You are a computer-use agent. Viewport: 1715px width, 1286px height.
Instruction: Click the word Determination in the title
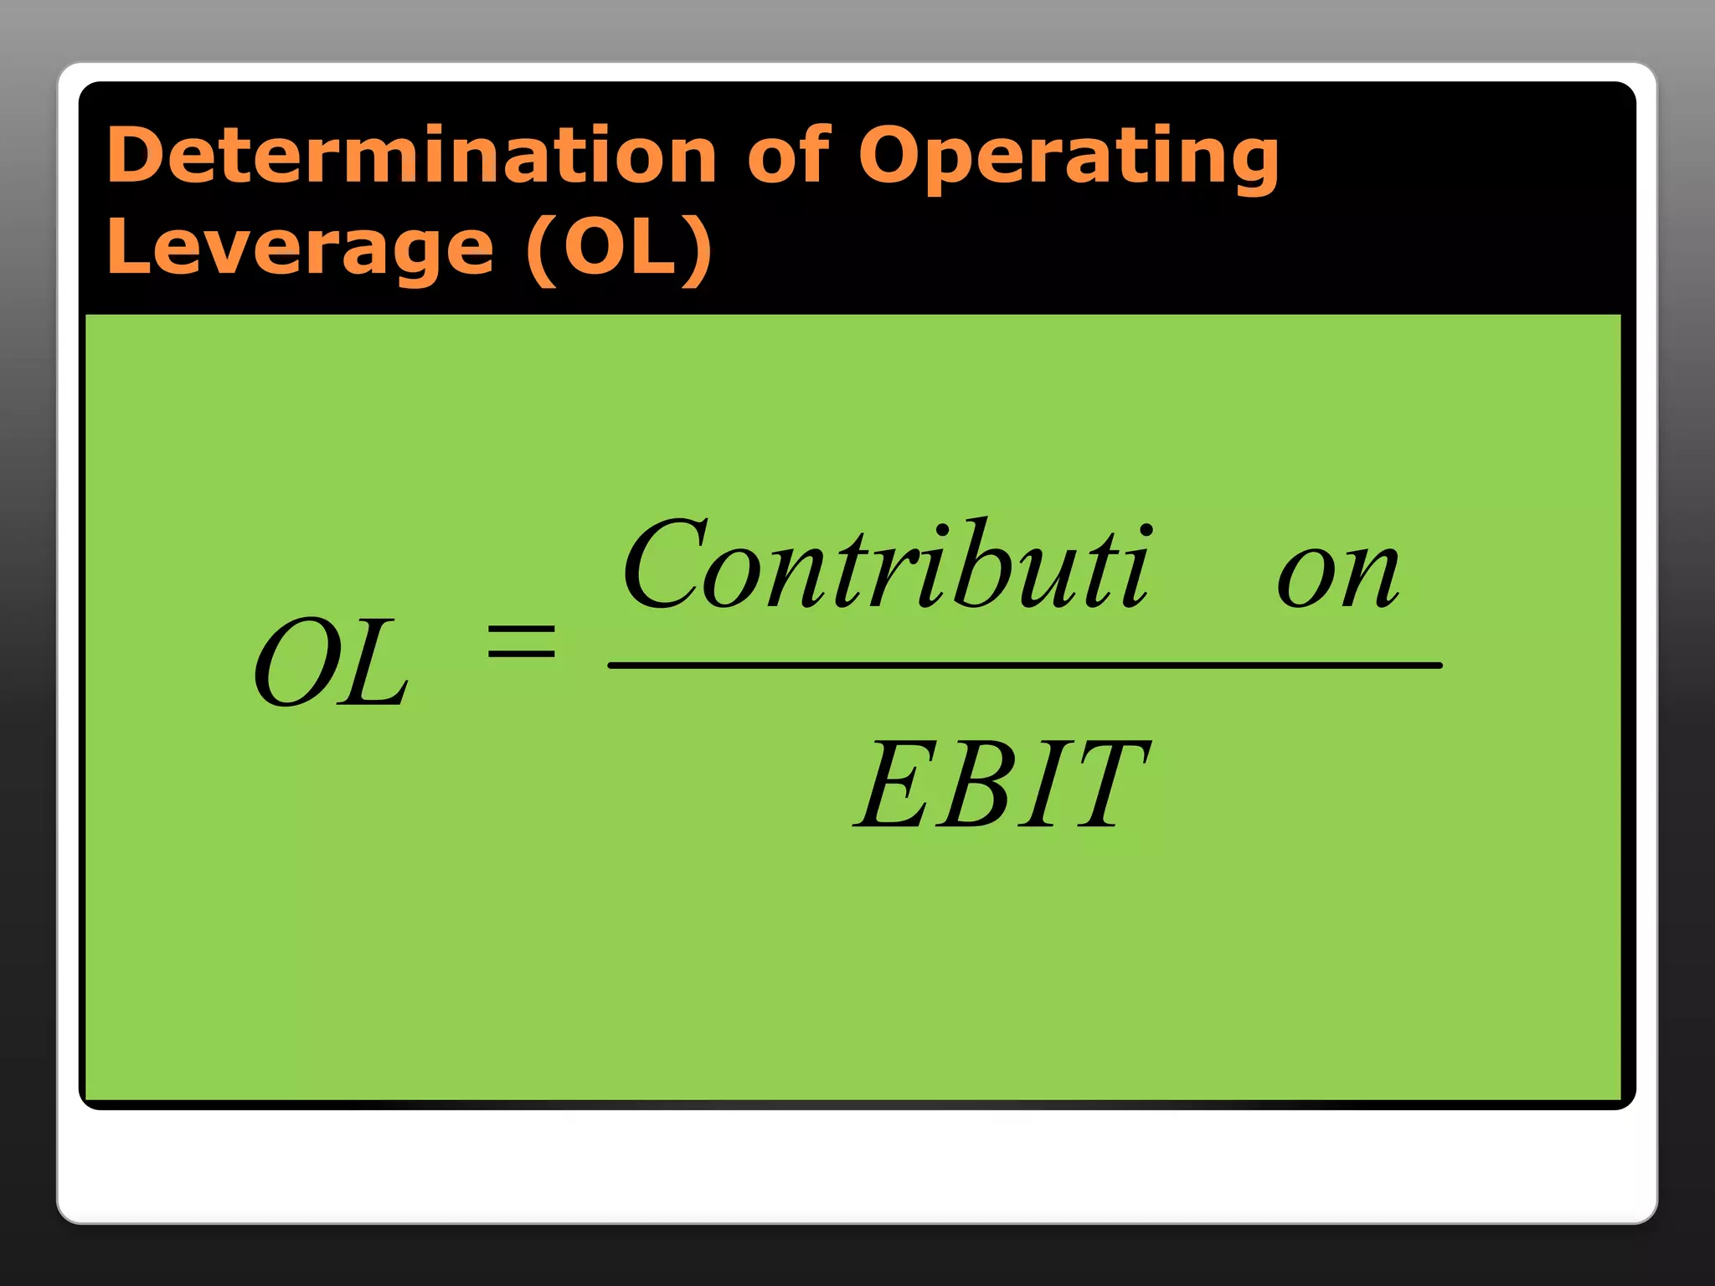pyautogui.click(x=411, y=155)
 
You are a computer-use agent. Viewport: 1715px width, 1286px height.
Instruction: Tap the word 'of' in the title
pyautogui.click(x=787, y=155)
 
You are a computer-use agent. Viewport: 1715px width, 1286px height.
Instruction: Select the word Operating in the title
pyautogui.click(x=1069, y=159)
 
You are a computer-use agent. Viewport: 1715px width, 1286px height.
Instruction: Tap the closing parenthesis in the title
pyautogui.click(x=698, y=249)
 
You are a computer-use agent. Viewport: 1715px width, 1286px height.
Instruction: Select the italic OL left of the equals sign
pyautogui.click(x=332, y=662)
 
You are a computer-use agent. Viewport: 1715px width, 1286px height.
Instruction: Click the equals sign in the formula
pyautogui.click(x=522, y=642)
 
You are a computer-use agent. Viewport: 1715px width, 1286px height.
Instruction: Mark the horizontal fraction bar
pyautogui.click(x=1024, y=666)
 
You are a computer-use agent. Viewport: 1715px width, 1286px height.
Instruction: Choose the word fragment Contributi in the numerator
pyautogui.click(x=888, y=564)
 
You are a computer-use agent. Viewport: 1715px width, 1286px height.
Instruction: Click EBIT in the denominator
pyautogui.click(x=1002, y=784)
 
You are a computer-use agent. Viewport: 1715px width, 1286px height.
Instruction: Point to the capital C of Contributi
pyautogui.click(x=666, y=564)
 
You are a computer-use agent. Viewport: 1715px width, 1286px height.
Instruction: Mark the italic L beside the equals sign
pyautogui.click(x=378, y=662)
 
